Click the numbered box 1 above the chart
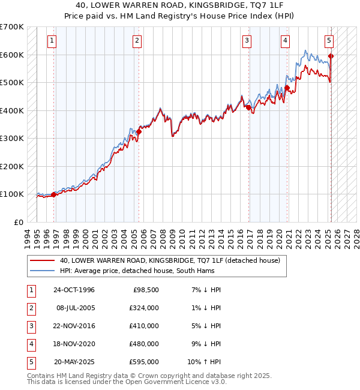click(x=53, y=41)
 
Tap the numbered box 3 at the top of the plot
click(x=247, y=41)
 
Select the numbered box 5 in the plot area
click(x=329, y=41)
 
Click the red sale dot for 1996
click(x=54, y=194)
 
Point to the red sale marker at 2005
click(x=139, y=131)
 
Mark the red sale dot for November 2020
click(x=287, y=88)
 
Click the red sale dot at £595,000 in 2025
click(x=331, y=56)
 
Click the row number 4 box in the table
click(x=29, y=344)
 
